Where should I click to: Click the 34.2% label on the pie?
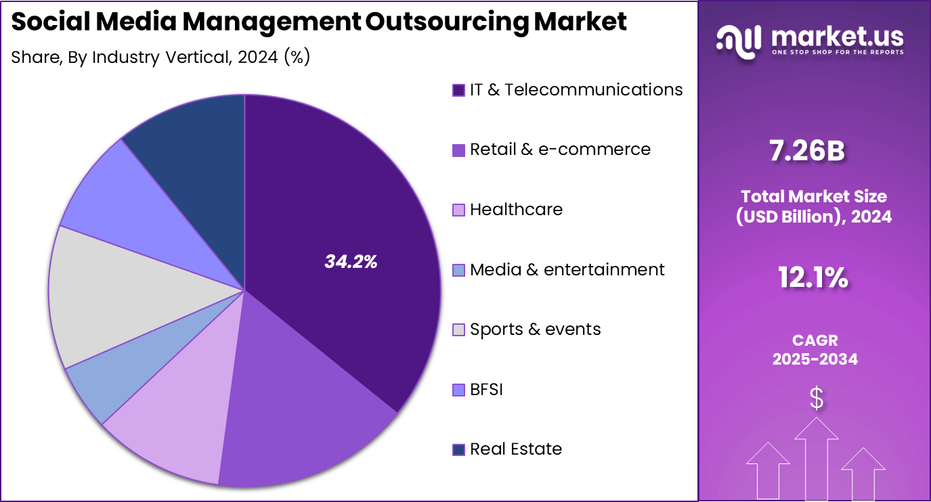350,262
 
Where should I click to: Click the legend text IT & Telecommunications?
576,89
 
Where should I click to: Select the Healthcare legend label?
516,210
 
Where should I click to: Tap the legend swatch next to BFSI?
458,390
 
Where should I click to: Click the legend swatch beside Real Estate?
458,449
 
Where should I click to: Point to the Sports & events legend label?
535,329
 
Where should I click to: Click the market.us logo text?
837,36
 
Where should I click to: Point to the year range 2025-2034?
815,359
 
